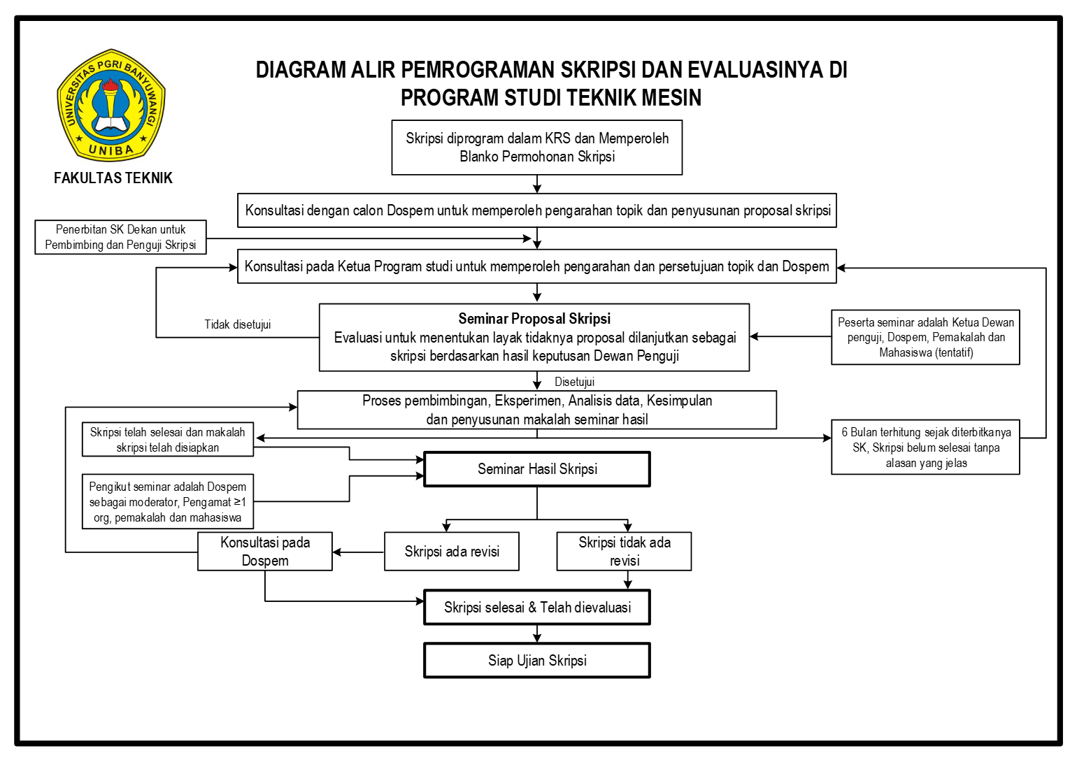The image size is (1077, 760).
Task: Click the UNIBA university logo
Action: [x=110, y=105]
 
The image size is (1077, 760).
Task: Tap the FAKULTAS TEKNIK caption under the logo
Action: [x=113, y=178]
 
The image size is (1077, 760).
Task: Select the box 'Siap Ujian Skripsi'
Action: [x=537, y=661]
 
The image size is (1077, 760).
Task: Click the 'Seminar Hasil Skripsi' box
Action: [x=537, y=469]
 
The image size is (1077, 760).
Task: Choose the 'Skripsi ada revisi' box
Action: [x=452, y=552]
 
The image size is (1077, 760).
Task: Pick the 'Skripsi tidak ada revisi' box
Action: [x=624, y=552]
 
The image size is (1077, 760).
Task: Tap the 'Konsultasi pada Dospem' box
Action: [x=265, y=552]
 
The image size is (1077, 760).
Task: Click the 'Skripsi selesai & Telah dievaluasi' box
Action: [x=537, y=608]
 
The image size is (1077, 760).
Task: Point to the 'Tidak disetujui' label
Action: [x=238, y=324]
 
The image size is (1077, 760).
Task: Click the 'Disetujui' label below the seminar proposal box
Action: [x=574, y=382]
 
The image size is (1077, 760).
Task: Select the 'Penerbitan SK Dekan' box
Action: [x=120, y=237]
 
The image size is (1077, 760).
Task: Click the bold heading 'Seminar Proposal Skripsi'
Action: [x=534, y=319]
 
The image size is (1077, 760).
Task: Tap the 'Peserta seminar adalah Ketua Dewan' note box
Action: [x=925, y=337]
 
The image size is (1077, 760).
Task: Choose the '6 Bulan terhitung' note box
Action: [x=925, y=447]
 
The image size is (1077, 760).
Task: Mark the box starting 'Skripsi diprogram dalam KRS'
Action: [x=537, y=148]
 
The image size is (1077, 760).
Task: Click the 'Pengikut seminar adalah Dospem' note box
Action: [x=168, y=502]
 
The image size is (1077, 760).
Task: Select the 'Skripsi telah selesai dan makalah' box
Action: [x=168, y=440]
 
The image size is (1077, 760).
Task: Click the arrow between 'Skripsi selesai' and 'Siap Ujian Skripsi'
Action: [x=537, y=633]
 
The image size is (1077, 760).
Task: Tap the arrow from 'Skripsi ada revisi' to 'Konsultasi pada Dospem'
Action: [x=358, y=552]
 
